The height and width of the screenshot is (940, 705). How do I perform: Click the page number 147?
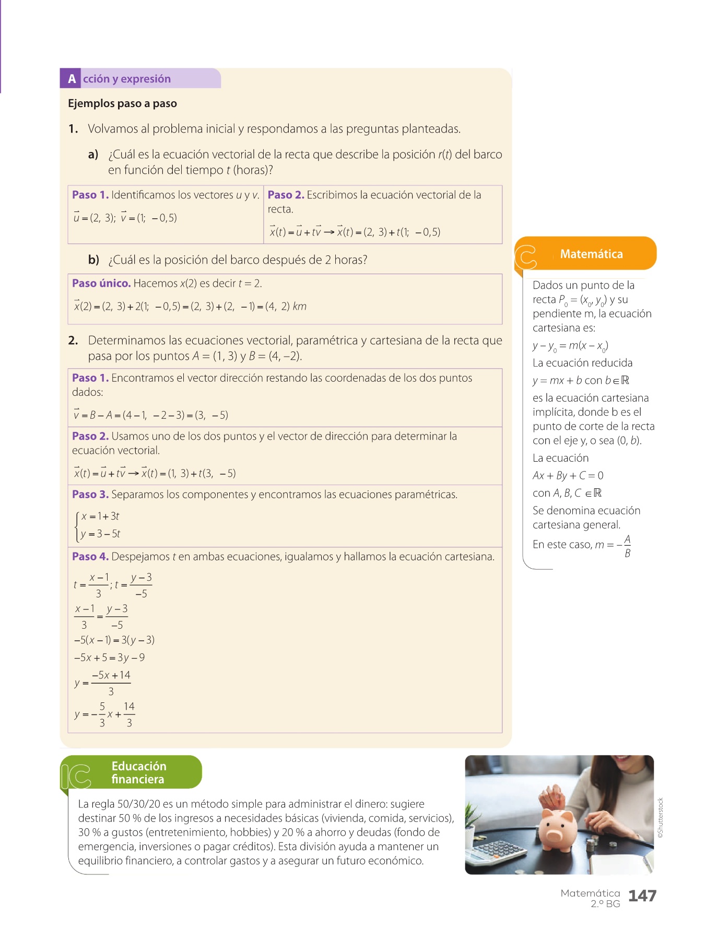(642, 896)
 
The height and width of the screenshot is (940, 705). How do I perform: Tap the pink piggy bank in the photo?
(557, 827)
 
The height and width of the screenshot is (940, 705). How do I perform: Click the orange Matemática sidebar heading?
(591, 254)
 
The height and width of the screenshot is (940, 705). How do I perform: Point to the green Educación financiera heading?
(138, 772)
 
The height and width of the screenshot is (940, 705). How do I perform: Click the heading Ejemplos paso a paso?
(122, 103)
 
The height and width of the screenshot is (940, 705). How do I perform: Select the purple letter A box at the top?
(72, 79)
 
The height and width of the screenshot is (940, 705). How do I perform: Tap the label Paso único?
(101, 284)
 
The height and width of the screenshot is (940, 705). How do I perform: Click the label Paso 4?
(90, 557)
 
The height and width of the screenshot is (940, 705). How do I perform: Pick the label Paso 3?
(90, 495)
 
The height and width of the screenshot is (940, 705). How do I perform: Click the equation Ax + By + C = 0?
(568, 476)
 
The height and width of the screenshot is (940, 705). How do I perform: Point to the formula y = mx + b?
(557, 381)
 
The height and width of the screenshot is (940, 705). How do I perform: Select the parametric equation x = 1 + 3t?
(100, 516)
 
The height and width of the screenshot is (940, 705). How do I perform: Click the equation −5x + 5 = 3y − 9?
(109, 657)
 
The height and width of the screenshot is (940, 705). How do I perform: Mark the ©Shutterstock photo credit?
(661, 818)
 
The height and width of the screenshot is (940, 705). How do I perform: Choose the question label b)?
(93, 260)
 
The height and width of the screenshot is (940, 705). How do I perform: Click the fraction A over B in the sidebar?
(627, 546)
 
